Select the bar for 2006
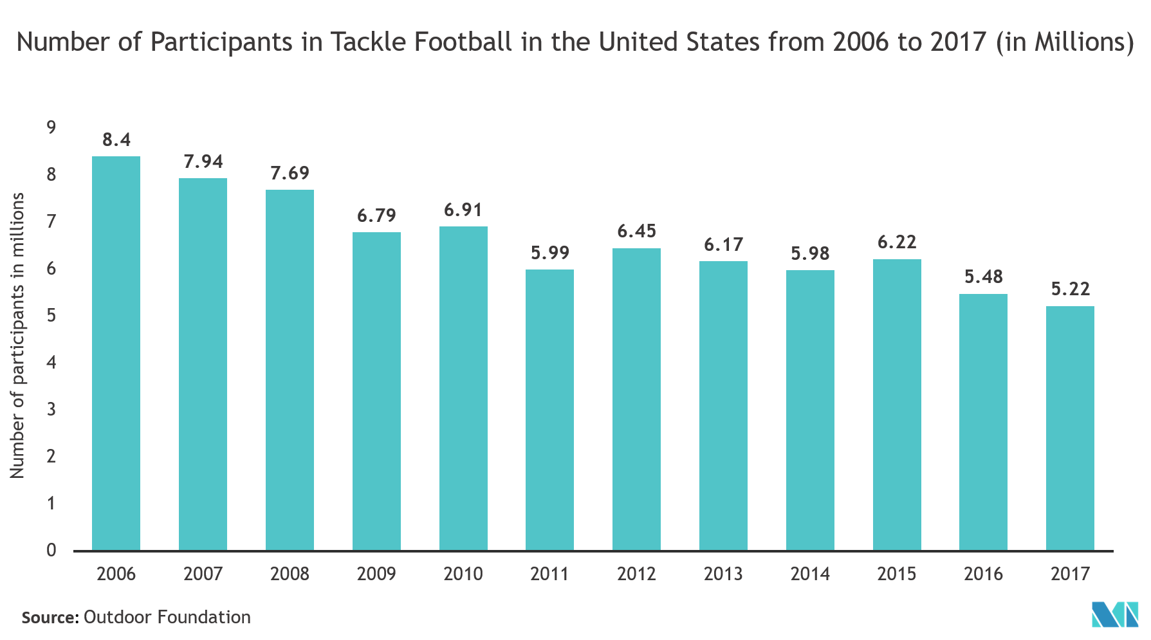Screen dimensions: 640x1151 116,353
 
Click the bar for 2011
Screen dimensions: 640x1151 549,410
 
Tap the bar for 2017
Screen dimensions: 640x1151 1070,428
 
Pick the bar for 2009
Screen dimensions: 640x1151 376,391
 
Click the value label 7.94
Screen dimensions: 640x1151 203,161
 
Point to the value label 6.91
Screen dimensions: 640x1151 463,210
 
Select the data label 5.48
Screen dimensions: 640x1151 983,277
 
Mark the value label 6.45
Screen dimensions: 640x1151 636,231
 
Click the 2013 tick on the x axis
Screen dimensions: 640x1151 723,573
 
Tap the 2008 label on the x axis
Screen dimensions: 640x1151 290,573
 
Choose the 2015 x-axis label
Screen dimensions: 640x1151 896,573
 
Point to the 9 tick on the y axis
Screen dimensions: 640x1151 51,127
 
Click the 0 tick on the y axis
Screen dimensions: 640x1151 51,550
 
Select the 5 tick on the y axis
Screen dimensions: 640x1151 51,315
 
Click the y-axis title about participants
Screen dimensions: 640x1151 17,334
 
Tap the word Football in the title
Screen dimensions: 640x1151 463,42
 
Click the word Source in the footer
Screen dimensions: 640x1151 48,617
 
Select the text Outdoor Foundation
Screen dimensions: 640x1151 167,617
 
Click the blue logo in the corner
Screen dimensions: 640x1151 1115,614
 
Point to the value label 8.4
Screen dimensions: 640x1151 116,140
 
